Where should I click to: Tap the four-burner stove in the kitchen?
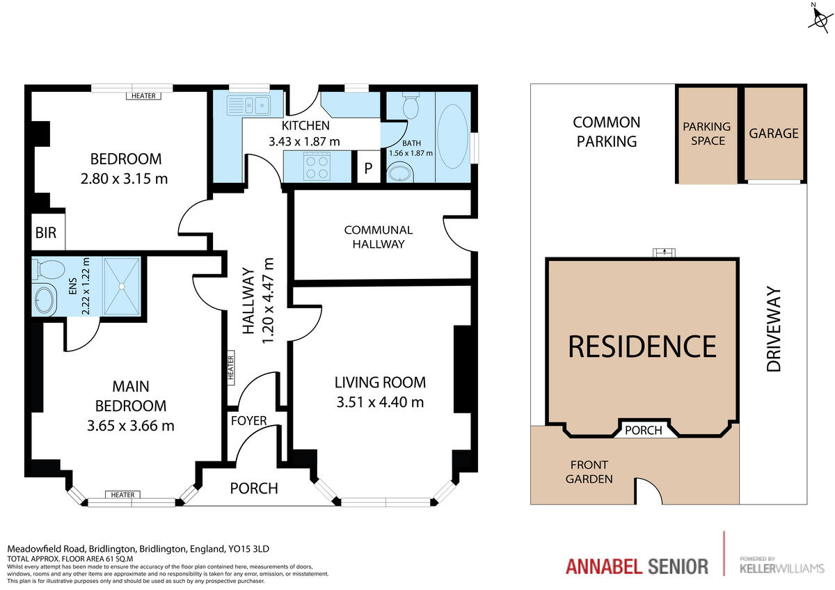pyautogui.click(x=317, y=167)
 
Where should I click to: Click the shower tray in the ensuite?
pyautogui.click(x=122, y=285)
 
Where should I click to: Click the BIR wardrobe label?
pyautogui.click(x=46, y=233)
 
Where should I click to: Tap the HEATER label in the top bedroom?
pyautogui.click(x=143, y=95)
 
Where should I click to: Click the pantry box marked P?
pyautogui.click(x=368, y=169)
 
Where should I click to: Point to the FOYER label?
pyautogui.click(x=248, y=420)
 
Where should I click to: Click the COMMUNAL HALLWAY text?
pyautogui.click(x=378, y=237)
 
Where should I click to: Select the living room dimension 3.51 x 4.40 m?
pyautogui.click(x=379, y=401)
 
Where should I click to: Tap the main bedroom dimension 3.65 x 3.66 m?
pyautogui.click(x=130, y=425)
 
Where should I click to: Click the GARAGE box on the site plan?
pyautogui.click(x=774, y=134)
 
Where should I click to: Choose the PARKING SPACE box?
pyautogui.click(x=706, y=134)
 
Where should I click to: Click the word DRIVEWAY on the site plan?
pyautogui.click(x=774, y=330)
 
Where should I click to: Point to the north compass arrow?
pyautogui.click(x=818, y=17)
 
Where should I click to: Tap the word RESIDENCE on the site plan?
pyautogui.click(x=642, y=346)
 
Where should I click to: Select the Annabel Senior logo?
pyautogui.click(x=637, y=566)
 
